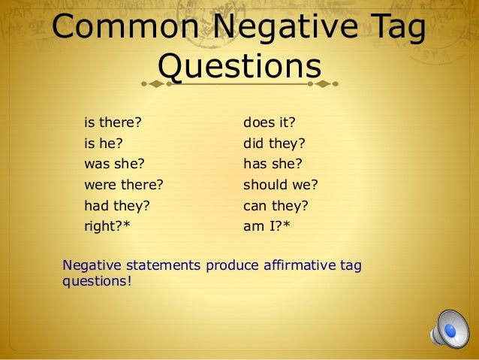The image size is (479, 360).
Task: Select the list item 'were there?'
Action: pyautogui.click(x=123, y=183)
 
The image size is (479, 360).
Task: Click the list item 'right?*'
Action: pyautogui.click(x=107, y=225)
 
